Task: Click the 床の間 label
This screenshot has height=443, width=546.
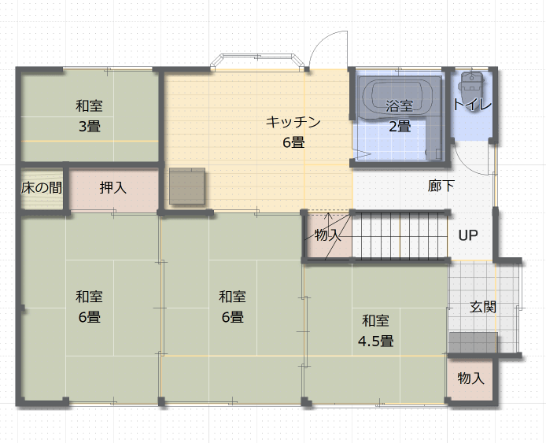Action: (42, 188)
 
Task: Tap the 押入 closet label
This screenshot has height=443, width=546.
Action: (113, 188)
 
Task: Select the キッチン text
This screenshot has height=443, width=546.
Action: (293, 122)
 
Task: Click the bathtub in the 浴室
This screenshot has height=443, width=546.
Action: (397, 98)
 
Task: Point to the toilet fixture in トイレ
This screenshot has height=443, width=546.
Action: (471, 82)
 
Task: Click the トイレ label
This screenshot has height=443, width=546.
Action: (472, 105)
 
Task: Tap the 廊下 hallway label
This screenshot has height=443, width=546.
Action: (441, 186)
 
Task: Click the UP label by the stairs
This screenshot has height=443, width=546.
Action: (467, 236)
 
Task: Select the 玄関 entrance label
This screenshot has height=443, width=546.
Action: (482, 307)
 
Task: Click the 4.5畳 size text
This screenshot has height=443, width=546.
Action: (376, 341)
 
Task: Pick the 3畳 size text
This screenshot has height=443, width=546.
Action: (90, 126)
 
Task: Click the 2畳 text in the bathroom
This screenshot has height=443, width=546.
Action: (400, 126)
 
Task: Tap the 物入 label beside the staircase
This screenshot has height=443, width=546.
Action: (327, 235)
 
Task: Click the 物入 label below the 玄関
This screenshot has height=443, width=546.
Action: (470, 378)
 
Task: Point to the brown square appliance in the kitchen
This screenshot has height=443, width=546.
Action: (187, 186)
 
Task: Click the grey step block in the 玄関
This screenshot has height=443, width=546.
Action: (473, 343)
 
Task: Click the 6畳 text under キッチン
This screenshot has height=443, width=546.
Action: (293, 142)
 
